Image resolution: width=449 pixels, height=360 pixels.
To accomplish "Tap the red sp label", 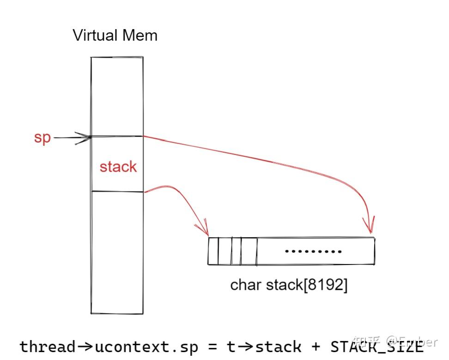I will [x=42, y=138].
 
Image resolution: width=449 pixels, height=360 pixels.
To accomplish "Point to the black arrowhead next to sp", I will [x=85, y=137].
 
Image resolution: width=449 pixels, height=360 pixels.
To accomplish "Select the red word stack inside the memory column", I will [x=118, y=166].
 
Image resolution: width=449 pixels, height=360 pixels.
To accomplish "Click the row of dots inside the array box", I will [x=313, y=252].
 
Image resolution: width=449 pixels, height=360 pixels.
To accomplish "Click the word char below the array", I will [x=246, y=285].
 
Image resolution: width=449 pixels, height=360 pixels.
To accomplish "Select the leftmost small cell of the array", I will [x=213, y=251].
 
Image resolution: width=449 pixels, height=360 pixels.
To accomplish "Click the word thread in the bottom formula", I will [x=47, y=346].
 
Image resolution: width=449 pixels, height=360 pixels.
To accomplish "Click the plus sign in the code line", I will [x=316, y=347].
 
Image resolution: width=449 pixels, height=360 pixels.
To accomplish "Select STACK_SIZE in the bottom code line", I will [x=376, y=346].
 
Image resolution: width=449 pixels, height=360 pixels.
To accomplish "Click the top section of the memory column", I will [x=117, y=96].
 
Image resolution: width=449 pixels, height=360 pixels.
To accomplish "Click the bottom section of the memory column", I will [x=117, y=252].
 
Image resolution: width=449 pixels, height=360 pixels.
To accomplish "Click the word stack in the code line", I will [x=278, y=346].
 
